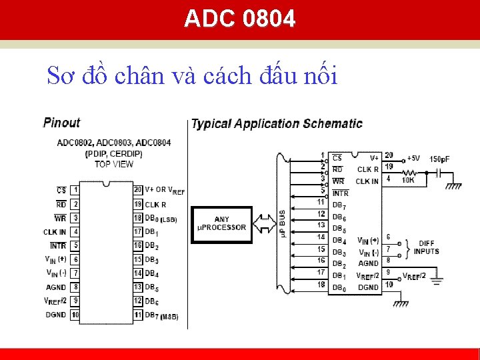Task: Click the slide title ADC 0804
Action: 240,19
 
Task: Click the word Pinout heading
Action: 61,123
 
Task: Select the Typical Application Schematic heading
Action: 277,123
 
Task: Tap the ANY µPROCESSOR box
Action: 222,224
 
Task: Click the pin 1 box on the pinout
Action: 76,190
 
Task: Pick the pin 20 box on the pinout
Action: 138,190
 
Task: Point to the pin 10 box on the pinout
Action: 76,314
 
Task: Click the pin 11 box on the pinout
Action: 138,314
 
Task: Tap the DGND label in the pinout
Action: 55,314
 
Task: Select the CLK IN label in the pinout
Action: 55,232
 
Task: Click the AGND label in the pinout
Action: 56,287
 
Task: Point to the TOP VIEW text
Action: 113,164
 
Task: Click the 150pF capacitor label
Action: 439,159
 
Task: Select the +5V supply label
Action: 414,158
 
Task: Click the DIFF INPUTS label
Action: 427,247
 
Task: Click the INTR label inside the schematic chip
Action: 340,193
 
